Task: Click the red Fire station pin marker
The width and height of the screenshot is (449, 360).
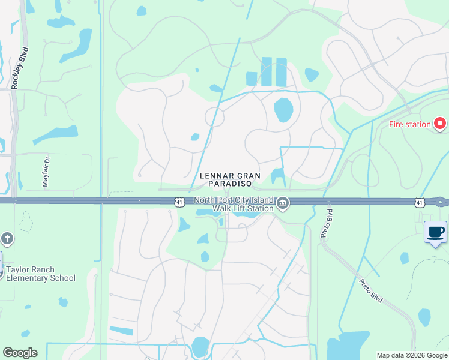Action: (440, 124)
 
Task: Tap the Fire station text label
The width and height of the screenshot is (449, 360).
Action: (410, 125)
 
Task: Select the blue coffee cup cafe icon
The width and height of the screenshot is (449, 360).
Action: (435, 232)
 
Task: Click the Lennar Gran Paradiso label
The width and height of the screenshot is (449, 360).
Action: (231, 180)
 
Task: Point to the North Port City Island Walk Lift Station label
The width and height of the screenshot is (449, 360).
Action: (233, 204)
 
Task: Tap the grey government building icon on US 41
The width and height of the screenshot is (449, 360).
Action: (283, 205)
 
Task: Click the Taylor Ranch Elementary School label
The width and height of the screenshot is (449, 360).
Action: (41, 274)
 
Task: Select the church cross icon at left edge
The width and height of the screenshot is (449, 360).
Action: (6, 239)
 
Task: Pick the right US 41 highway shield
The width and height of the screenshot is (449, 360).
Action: (419, 203)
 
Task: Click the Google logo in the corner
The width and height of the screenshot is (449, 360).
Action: (20, 353)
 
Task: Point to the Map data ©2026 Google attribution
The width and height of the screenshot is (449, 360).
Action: (412, 355)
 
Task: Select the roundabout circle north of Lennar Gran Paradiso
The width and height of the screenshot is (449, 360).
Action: (215, 118)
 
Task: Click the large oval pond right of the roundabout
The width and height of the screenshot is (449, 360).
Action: (283, 110)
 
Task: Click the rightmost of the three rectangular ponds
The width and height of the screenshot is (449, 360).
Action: (281, 72)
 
